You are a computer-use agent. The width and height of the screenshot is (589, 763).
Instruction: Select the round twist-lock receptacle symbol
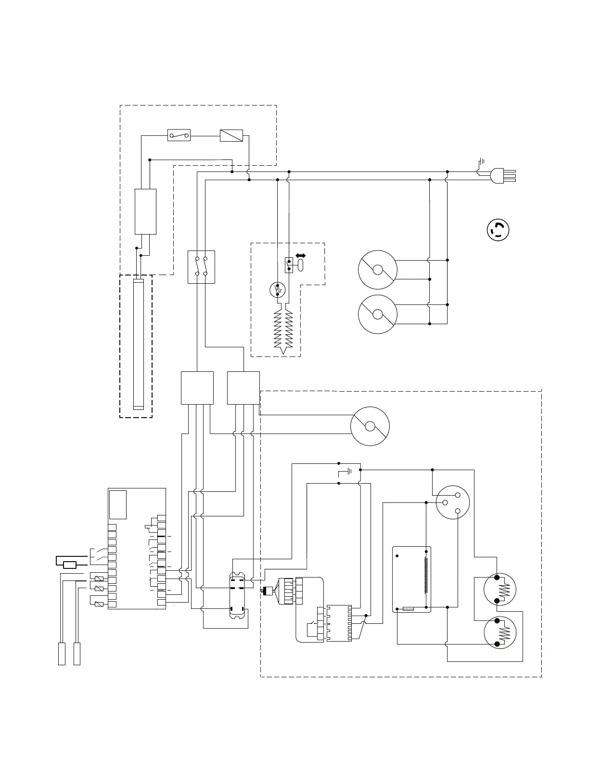(x=498, y=230)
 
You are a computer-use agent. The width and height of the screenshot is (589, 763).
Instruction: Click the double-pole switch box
(x=201, y=267)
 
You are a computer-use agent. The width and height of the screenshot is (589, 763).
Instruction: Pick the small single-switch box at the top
(x=179, y=135)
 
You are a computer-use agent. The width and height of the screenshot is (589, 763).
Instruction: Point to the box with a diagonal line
(x=231, y=135)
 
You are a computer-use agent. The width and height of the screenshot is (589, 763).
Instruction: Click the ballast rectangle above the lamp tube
(x=145, y=211)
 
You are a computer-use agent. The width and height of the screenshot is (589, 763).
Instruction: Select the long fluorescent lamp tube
(x=138, y=344)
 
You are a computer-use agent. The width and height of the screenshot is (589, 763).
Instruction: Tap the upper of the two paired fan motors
(x=378, y=270)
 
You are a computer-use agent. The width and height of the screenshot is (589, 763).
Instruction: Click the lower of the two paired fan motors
(x=378, y=314)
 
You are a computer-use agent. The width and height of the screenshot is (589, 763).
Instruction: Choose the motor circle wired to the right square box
(x=370, y=426)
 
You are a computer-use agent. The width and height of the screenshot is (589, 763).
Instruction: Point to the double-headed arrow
(x=301, y=256)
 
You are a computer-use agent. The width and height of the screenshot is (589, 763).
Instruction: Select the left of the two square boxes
(x=197, y=388)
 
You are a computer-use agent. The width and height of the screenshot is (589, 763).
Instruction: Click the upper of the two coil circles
(x=500, y=588)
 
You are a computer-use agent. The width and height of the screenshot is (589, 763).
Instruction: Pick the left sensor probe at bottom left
(x=62, y=653)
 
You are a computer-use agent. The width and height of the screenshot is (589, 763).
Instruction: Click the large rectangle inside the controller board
(x=118, y=504)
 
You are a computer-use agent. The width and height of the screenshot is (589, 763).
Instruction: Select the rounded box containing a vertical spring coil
(x=412, y=579)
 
